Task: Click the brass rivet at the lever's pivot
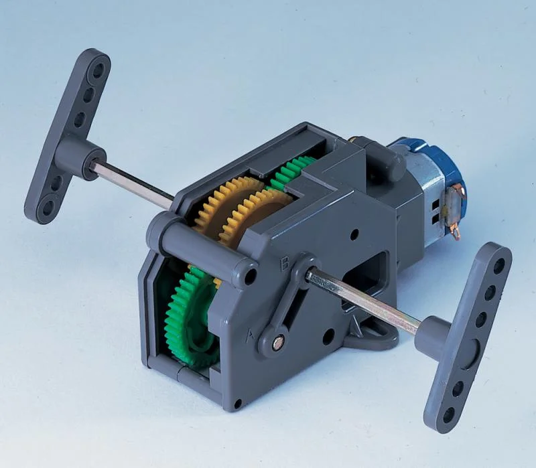click(278, 341)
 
